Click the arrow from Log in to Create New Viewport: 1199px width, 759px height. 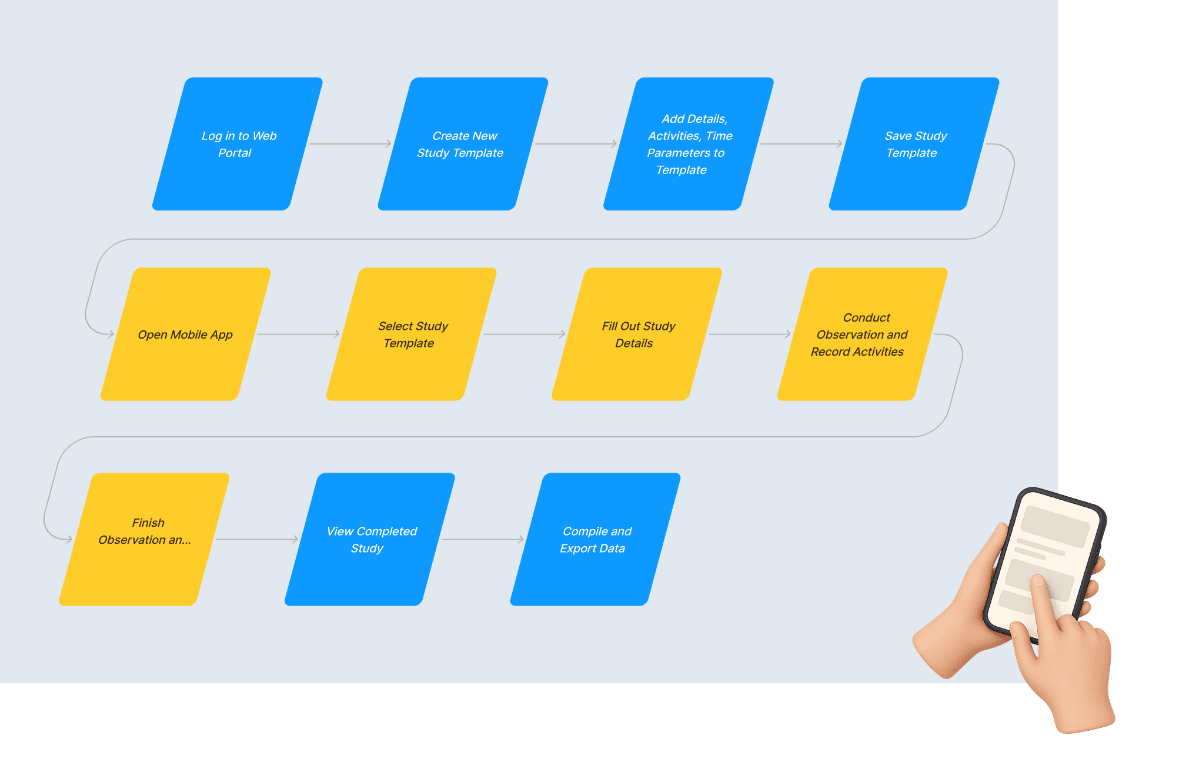[350, 144]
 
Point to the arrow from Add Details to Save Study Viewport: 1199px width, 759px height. [801, 144]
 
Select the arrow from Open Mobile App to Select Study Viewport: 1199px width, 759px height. [299, 335]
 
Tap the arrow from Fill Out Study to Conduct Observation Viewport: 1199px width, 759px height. [750, 335]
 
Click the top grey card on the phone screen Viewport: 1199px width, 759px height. [1055, 525]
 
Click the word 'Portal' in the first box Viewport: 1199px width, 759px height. [235, 153]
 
